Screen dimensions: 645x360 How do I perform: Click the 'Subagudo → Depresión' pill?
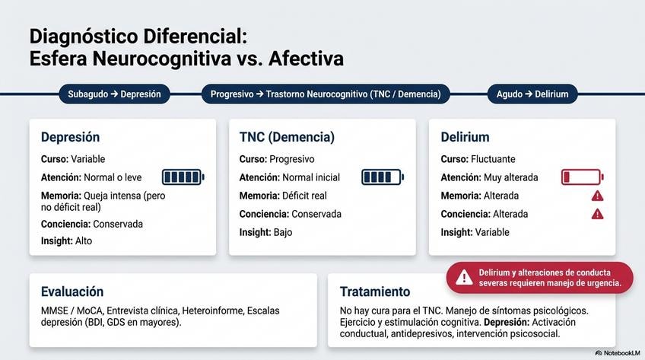(114, 94)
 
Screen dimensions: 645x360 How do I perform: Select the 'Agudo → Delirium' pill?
(532, 94)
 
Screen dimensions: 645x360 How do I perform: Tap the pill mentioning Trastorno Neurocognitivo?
(326, 94)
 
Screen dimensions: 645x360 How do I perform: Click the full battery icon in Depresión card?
(183, 177)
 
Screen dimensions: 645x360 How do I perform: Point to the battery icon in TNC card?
(383, 177)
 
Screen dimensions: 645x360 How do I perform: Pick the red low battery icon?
(583, 177)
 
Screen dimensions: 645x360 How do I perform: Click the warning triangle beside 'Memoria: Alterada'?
(597, 196)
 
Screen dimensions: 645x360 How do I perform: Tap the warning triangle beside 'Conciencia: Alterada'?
(597, 214)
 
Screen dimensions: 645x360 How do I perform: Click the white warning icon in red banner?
(464, 277)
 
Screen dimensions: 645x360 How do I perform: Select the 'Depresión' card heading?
(70, 137)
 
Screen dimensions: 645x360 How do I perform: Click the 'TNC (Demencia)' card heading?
(287, 137)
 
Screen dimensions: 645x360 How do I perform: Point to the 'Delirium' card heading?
(465, 137)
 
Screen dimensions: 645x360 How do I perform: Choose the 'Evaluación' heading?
(72, 292)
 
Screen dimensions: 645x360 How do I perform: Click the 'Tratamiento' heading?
(375, 292)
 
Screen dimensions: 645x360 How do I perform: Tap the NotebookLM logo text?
(618, 353)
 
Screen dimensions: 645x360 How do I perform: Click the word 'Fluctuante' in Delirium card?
(493, 159)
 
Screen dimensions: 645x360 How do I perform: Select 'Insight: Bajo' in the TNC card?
(265, 232)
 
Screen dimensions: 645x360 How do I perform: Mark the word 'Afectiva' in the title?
(306, 59)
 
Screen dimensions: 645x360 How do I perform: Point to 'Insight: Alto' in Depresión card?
(66, 241)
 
